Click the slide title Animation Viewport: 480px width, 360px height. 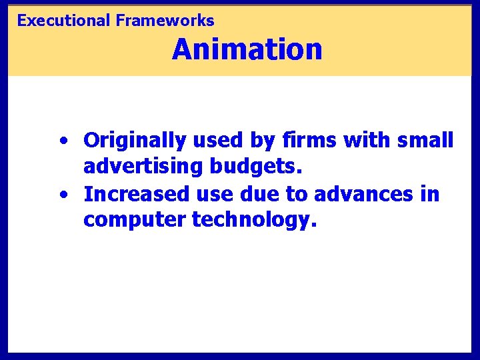point(247,49)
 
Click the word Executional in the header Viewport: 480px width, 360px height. point(63,21)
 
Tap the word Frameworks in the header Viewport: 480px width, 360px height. point(165,21)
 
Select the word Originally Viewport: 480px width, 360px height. point(135,141)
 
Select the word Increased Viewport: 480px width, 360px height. point(136,194)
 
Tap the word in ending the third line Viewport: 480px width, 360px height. point(431,194)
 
